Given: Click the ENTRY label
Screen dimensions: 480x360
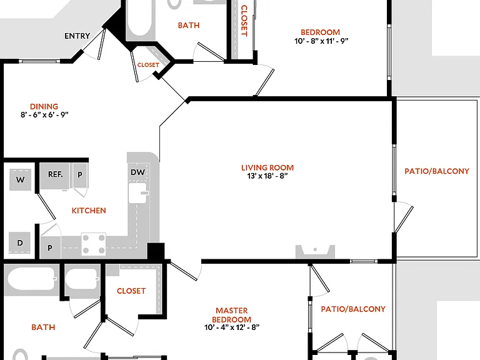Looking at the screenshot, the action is click(77, 36).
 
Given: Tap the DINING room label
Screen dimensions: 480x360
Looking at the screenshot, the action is click(44, 106).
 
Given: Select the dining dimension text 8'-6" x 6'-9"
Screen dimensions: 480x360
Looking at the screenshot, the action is click(44, 115).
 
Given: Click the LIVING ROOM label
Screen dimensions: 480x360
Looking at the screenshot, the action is click(267, 167).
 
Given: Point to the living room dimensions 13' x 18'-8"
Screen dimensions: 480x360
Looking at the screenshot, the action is click(267, 176).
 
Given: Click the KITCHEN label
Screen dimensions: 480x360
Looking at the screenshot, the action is click(89, 211).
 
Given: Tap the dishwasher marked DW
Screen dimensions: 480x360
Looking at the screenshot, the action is click(137, 172).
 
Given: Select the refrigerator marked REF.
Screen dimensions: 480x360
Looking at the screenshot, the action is click(55, 176).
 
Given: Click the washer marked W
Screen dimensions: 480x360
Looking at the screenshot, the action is click(20, 180).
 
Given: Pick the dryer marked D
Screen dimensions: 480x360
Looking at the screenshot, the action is click(19, 243).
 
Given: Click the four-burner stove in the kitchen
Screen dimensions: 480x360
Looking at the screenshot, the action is click(94, 244).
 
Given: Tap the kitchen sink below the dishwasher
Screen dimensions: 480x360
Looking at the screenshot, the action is click(137, 193).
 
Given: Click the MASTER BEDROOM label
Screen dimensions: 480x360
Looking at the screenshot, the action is click(232, 315).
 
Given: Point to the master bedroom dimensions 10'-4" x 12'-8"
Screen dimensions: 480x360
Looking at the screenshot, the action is click(232, 327).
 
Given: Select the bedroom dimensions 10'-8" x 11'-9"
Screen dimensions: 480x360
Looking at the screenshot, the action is click(321, 41).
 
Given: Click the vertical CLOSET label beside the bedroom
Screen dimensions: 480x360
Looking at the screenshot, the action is click(244, 21).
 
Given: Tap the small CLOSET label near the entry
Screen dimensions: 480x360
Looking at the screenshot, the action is click(148, 65).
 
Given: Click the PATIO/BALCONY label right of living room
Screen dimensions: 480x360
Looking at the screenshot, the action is click(437, 171).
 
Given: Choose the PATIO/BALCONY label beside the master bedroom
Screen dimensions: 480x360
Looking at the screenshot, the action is click(353, 309).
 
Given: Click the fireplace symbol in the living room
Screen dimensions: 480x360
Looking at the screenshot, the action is click(315, 251).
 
